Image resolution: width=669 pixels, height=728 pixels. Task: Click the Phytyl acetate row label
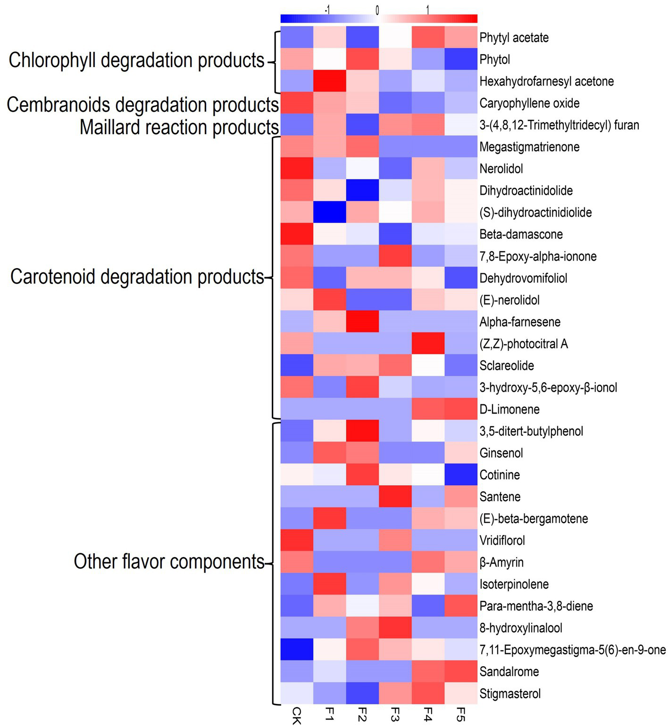[514, 38]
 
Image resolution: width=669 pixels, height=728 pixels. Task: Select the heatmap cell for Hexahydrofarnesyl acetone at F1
[330, 81]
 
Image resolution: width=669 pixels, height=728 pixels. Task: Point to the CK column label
[297, 716]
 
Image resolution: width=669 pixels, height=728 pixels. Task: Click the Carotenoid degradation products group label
[137, 277]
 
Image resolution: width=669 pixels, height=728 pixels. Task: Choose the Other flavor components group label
[169, 562]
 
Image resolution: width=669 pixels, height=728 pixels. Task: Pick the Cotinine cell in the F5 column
[461, 474]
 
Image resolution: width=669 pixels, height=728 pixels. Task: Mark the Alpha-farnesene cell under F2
[362, 322]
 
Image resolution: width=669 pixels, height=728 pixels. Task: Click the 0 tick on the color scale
[377, 10]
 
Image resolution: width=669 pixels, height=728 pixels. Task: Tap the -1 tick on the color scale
[327, 10]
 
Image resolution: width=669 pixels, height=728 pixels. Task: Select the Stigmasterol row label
[510, 694]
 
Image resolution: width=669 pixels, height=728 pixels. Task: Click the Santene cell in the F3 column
[395, 497]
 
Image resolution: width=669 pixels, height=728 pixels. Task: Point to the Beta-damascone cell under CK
[297, 234]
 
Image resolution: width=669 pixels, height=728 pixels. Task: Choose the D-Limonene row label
[510, 409]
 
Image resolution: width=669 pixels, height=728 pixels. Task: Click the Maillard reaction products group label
[179, 127]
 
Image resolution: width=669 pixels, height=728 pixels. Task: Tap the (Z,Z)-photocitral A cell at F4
[428, 344]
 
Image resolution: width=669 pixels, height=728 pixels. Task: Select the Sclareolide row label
[507, 365]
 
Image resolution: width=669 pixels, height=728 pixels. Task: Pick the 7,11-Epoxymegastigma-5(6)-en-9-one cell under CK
[297, 650]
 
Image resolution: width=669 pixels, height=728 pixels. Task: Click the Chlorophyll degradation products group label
[136, 60]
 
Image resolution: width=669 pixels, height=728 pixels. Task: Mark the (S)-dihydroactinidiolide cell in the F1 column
[330, 212]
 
